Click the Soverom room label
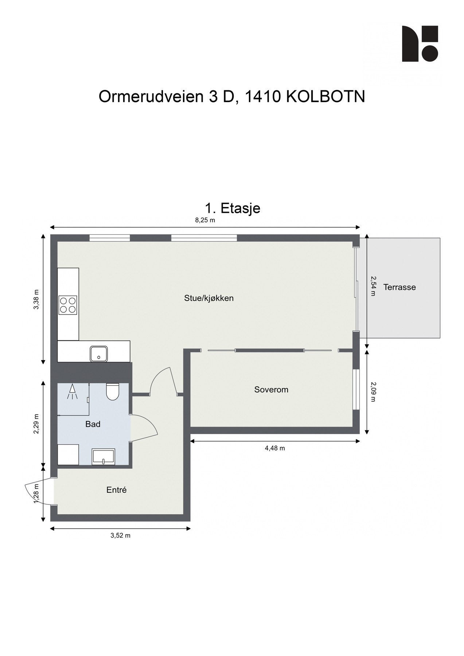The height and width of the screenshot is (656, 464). click(x=271, y=390)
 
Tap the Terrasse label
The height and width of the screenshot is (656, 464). click(x=399, y=287)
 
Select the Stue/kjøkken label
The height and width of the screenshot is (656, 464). click(x=209, y=298)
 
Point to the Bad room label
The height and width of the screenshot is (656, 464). click(x=93, y=424)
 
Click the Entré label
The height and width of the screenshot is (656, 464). click(x=117, y=490)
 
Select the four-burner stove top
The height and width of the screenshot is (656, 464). click(x=68, y=305)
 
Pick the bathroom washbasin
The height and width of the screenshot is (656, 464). click(x=104, y=457)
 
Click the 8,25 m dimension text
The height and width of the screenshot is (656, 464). click(x=205, y=220)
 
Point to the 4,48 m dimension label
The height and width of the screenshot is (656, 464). click(x=275, y=448)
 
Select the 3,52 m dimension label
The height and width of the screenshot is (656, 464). click(x=120, y=535)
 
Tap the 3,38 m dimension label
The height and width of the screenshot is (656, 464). click(x=36, y=300)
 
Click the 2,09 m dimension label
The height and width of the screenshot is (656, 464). click(x=373, y=391)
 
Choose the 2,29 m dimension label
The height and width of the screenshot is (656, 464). click(x=36, y=424)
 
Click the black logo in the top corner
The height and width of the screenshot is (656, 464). click(x=420, y=44)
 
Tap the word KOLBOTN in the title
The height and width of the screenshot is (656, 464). click(x=325, y=97)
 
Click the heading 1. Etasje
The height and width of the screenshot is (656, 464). click(x=233, y=208)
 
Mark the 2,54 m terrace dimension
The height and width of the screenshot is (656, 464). click(x=373, y=286)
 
